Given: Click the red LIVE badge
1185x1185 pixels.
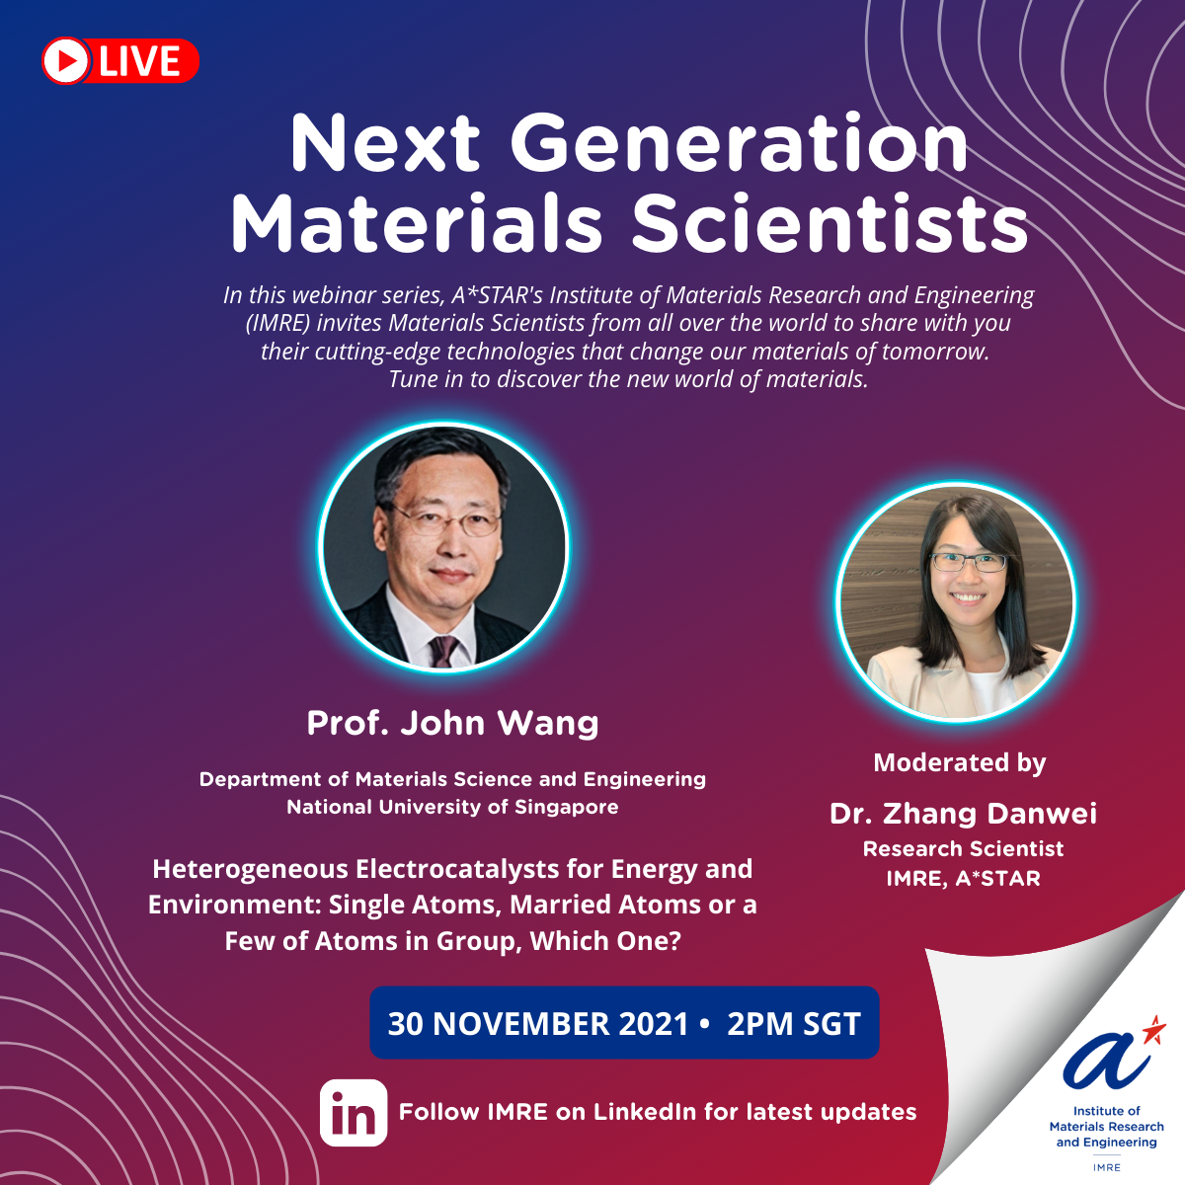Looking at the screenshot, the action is click(x=120, y=61).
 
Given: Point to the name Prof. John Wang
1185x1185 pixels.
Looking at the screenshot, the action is click(x=452, y=723).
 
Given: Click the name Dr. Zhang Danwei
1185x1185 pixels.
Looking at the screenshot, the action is click(x=963, y=814).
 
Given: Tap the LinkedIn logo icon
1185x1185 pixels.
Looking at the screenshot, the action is click(x=354, y=1113).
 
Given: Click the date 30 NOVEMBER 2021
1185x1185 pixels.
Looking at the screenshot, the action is click(x=538, y=1024).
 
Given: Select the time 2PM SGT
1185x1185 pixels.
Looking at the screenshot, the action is click(x=794, y=1024).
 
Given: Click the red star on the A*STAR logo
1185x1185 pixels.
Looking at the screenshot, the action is click(x=1154, y=1031).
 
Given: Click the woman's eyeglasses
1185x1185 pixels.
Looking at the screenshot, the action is click(x=968, y=561).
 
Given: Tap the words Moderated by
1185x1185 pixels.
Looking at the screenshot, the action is click(x=959, y=762).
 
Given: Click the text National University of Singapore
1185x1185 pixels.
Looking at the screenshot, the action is click(x=452, y=807).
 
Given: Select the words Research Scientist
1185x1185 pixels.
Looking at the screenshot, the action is click(x=963, y=848).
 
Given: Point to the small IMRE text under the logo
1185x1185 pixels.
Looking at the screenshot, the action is click(x=1106, y=1166).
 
